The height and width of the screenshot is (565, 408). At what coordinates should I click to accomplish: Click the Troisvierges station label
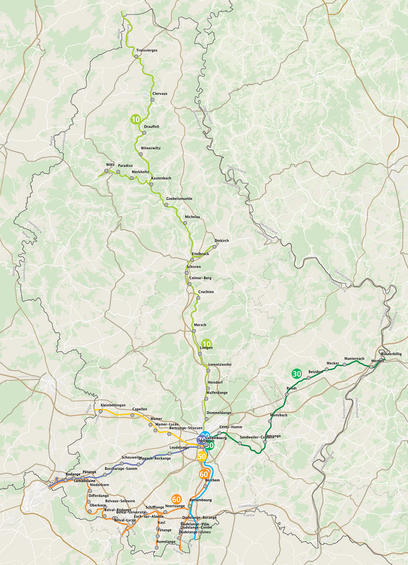pos(147,50)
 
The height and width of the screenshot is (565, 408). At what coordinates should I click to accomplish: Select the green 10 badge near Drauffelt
pos(136,120)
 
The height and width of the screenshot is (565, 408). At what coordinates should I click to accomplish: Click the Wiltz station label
pos(110,165)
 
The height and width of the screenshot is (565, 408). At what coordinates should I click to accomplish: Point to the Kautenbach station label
pos(161,178)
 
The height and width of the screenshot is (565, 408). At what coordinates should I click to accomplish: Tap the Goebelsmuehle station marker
pos(166,205)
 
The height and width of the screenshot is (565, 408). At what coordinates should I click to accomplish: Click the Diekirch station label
pos(221,241)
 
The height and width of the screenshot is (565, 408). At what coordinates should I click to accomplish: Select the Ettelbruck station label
pos(200,254)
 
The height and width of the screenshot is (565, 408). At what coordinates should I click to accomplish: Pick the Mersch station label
pos(200,325)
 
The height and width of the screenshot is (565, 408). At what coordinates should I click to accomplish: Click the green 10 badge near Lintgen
pos(207,344)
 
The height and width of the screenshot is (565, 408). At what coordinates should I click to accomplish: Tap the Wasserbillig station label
pos(391,354)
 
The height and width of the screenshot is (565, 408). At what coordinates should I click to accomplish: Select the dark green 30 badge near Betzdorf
pos(297,374)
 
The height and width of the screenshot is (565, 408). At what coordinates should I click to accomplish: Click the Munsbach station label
pos(279,415)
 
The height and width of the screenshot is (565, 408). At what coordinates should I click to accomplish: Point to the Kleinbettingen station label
pos(113,405)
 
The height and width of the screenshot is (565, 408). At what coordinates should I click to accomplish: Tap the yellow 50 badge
pos(202,457)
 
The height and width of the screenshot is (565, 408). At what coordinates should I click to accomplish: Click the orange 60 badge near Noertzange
pos(176,499)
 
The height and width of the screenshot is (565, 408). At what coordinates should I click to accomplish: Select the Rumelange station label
pos(166,542)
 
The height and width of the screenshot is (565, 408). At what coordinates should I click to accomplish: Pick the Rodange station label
pos(73,474)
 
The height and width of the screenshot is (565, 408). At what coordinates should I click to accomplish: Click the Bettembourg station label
pos(201,500)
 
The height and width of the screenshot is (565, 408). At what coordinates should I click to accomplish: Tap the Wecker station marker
pos(327,369)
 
